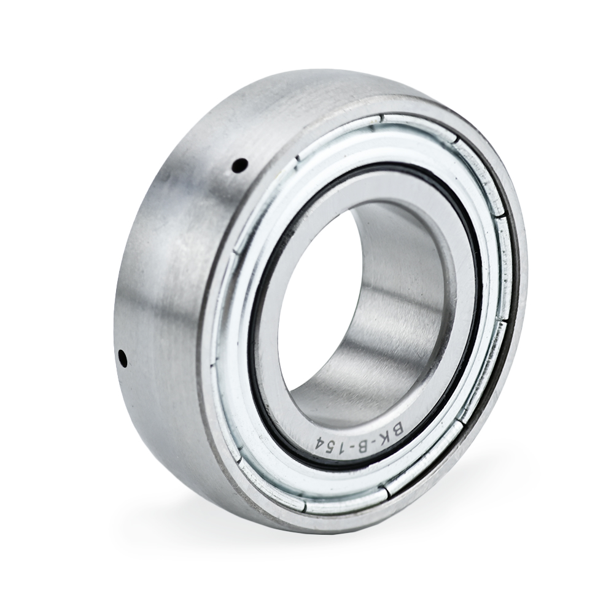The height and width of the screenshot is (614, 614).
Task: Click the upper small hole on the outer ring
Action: point(239,166)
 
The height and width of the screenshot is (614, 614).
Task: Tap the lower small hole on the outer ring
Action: point(123,358)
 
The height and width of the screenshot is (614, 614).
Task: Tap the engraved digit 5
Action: point(330,446)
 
